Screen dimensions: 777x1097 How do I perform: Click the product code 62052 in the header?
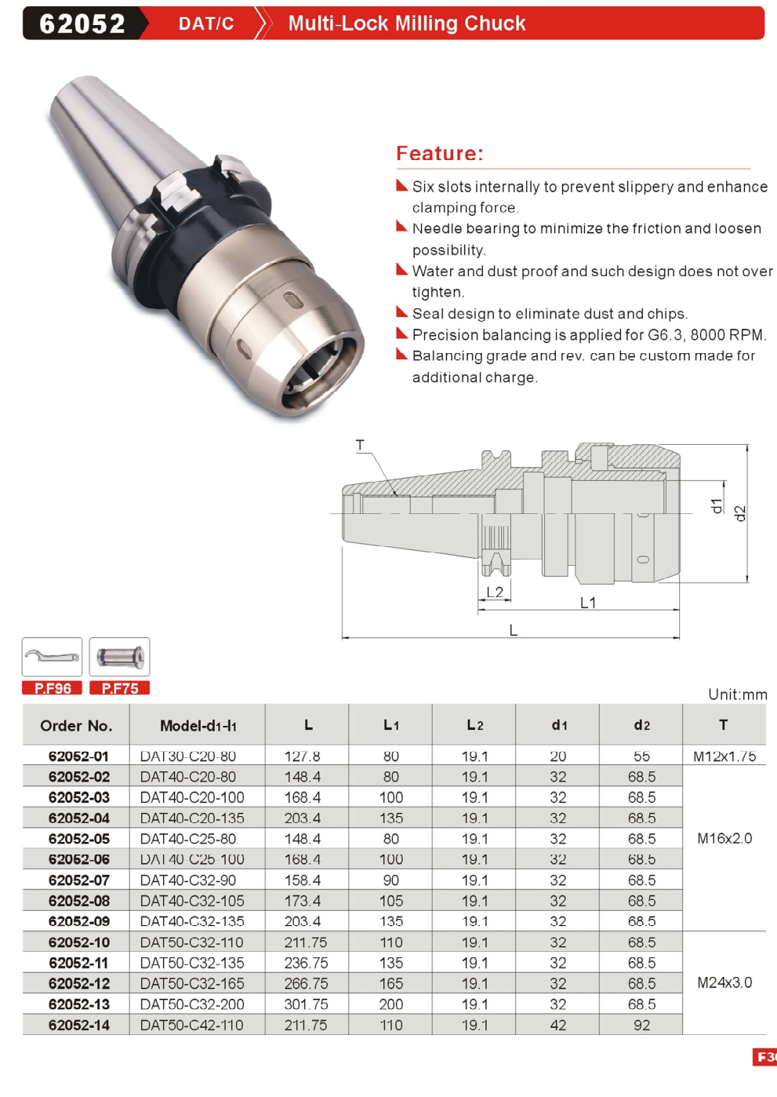tap(82, 24)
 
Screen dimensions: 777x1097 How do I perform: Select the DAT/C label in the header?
tap(206, 24)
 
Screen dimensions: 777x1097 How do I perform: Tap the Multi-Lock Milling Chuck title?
tap(407, 24)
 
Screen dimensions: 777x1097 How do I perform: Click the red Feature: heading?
tap(439, 153)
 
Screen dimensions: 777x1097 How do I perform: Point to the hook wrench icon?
tap(52, 656)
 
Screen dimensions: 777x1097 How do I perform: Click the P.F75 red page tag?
tap(119, 688)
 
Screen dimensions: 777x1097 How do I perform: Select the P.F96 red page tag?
tap(52, 688)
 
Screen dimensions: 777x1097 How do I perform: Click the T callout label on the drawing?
tap(360, 445)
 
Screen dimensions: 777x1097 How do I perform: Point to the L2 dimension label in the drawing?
tap(495, 592)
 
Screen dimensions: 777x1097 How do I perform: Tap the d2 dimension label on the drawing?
tap(741, 513)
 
